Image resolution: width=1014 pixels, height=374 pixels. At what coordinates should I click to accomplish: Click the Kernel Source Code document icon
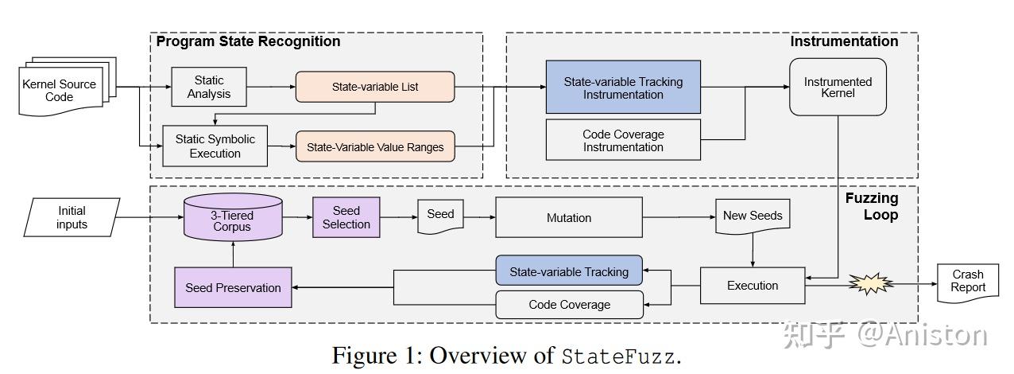[x=60, y=90]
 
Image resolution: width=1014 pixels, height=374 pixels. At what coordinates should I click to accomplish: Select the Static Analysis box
[x=209, y=87]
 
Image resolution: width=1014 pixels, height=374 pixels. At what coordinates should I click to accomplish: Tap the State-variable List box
[x=375, y=87]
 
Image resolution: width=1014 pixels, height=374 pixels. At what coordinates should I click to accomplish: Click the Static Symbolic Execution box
[x=215, y=146]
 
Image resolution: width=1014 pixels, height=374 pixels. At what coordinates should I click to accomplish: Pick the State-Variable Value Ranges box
[x=375, y=146]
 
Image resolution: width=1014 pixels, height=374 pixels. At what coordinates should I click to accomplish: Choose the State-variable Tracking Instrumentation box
[x=623, y=88]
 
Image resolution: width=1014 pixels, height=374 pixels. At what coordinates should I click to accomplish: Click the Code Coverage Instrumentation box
[x=623, y=140]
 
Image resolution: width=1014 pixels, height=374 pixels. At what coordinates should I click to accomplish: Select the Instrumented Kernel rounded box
[x=838, y=88]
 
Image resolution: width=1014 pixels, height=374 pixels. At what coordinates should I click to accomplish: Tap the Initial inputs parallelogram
[x=72, y=217]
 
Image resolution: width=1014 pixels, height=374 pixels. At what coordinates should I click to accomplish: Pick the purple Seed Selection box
[x=346, y=217]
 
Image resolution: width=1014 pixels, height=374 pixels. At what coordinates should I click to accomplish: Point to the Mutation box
[x=569, y=218]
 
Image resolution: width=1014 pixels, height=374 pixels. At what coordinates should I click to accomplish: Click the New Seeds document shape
[x=752, y=217]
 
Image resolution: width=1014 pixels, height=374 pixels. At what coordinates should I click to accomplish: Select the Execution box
[x=753, y=286]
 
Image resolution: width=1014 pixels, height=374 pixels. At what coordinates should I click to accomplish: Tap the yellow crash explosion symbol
[x=869, y=284]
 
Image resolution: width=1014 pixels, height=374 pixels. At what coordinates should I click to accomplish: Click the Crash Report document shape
[x=968, y=282]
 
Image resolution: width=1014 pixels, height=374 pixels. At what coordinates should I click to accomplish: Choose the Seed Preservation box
[x=233, y=287]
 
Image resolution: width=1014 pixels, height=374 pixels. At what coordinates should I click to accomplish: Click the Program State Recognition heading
[x=248, y=41]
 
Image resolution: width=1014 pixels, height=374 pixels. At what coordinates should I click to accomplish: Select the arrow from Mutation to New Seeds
[x=679, y=217]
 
